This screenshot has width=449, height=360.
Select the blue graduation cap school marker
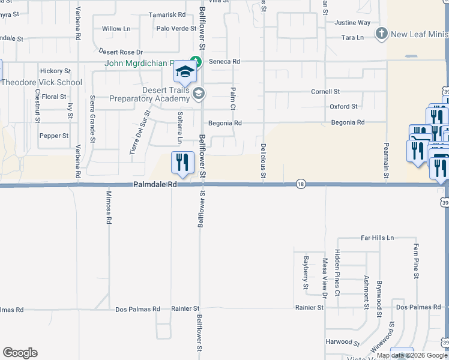(x=185, y=73)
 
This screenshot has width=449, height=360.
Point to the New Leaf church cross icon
(x=381, y=34)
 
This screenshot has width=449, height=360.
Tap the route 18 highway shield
(x=301, y=185)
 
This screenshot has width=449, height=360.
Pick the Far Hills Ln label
(x=377, y=238)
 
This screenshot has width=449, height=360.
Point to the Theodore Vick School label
(x=41, y=83)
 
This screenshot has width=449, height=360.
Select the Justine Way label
(x=352, y=23)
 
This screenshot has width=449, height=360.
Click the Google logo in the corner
(x=20, y=353)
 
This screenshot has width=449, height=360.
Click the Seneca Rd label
(x=224, y=62)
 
